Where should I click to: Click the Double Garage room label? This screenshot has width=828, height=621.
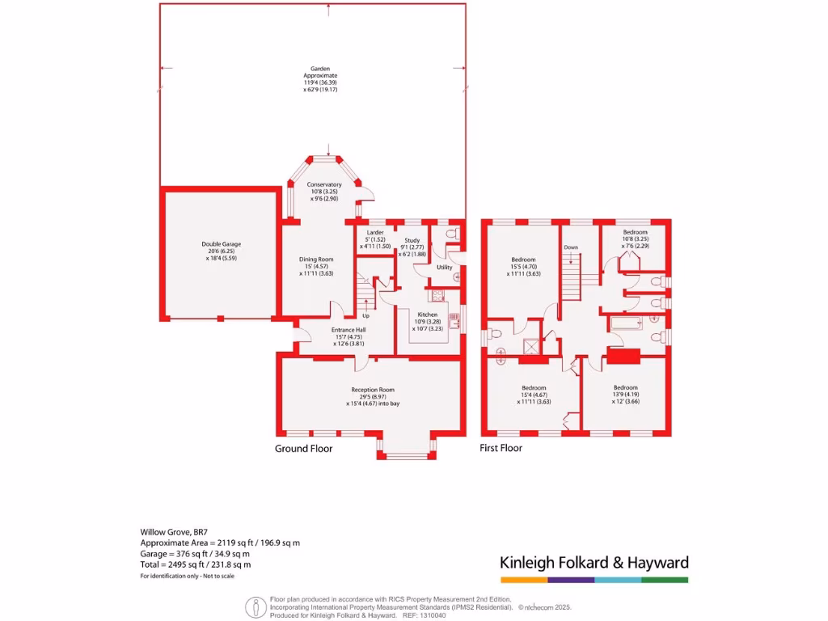pos(221,244)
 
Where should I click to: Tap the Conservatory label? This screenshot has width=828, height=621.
pos(324,184)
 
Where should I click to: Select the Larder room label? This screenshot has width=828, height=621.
pos(374,232)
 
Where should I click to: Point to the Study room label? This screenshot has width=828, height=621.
pos(412,240)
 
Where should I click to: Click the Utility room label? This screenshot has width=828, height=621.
pos(444,267)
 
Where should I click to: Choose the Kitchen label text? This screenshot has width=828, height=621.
pos(427,315)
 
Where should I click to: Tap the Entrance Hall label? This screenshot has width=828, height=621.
pos(349,330)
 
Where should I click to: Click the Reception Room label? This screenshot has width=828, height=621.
pos(372,390)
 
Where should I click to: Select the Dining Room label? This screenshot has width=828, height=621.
pos(316,260)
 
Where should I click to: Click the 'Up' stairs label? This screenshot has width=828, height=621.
pos(365,315)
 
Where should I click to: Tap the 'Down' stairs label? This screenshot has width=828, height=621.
pos(571,247)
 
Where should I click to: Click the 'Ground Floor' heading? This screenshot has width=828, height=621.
pos(303,448)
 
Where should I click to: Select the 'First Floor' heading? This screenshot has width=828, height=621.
pos(501,448)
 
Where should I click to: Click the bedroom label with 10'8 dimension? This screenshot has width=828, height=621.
pos(636,232)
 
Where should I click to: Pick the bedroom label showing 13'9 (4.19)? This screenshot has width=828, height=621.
pos(625,387)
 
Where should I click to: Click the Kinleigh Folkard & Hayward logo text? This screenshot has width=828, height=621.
pos(594,563)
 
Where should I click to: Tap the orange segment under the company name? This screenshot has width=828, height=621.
pos(524,580)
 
